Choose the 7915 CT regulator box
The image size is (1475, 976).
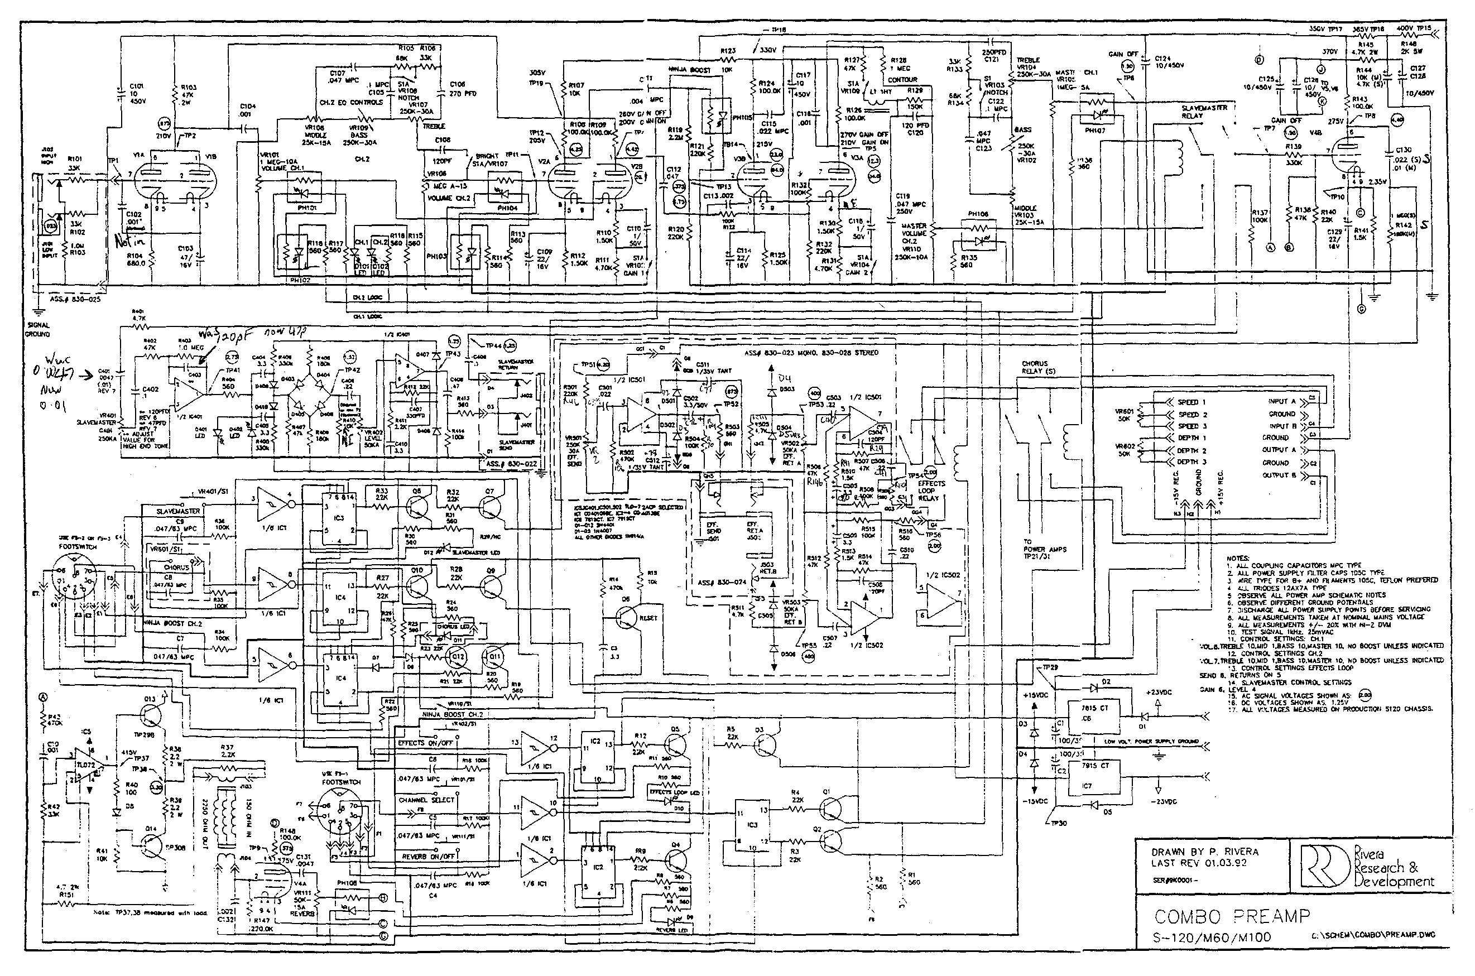(1093, 776)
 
